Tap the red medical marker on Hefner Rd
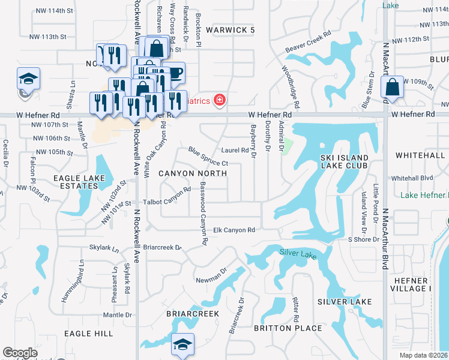[x=220, y=100]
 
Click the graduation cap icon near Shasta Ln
[x=28, y=80]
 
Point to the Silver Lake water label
[x=298, y=254]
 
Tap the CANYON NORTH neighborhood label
[x=193, y=173]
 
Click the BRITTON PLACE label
[x=288, y=328]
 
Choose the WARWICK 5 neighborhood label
[x=231, y=29]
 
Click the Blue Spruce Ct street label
[x=208, y=156]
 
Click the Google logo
[x=20, y=353]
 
